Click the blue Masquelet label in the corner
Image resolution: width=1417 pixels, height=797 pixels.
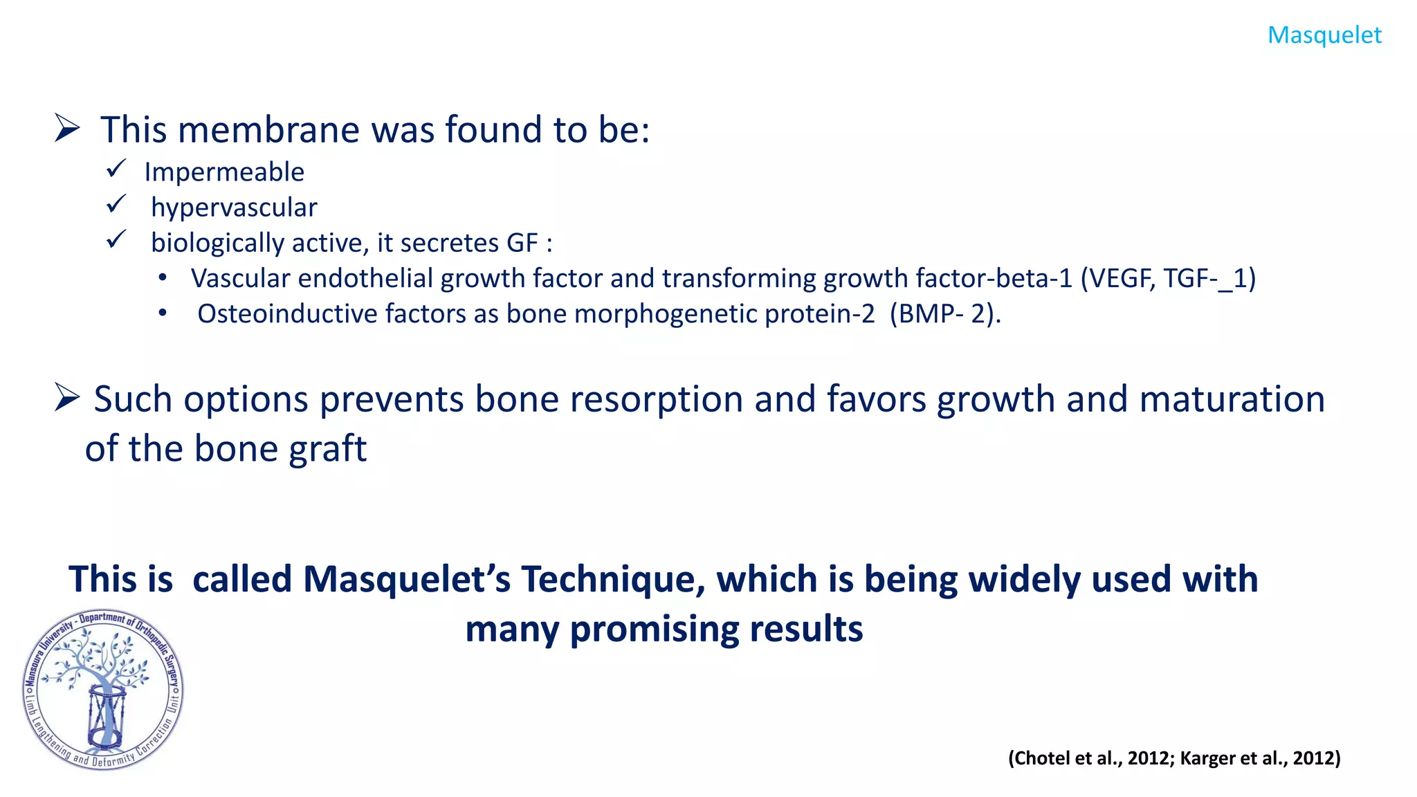click(x=1324, y=35)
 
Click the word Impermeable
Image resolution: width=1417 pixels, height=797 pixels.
click(x=224, y=172)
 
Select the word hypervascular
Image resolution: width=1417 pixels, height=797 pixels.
click(x=234, y=208)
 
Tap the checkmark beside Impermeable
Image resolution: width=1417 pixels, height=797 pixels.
click(x=116, y=168)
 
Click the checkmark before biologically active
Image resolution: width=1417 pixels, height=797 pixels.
click(x=116, y=239)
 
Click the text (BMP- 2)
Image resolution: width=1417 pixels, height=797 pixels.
click(x=944, y=314)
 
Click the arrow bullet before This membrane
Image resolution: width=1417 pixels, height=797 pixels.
click(x=67, y=129)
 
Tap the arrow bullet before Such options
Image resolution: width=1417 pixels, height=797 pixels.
click(x=67, y=398)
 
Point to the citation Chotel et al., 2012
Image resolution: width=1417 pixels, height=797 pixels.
click(x=1092, y=758)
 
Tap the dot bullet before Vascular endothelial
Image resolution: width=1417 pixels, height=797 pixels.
click(x=163, y=278)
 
